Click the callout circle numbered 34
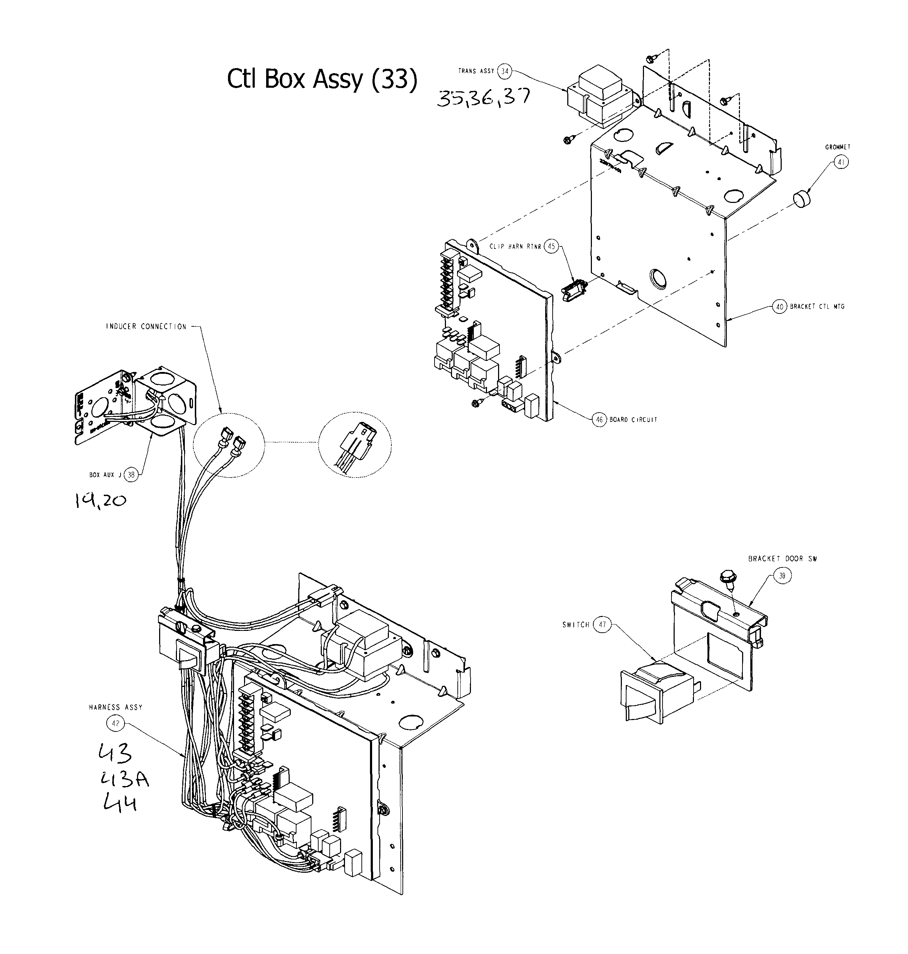[505, 71]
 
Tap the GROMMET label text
[838, 147]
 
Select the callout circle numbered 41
[841, 163]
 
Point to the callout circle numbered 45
[551, 246]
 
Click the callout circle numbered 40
[779, 307]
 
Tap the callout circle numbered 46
[599, 420]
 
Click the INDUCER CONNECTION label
[146, 327]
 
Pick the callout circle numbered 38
[131, 475]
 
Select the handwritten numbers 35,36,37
[483, 98]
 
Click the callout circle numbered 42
[115, 724]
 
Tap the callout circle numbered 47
[602, 624]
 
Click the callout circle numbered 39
[782, 575]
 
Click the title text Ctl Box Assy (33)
[322, 79]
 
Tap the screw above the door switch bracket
[726, 578]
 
